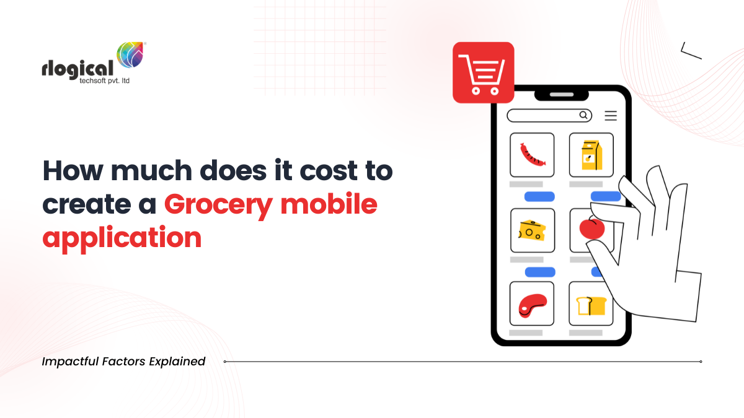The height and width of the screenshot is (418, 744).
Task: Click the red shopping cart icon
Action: click(x=483, y=72)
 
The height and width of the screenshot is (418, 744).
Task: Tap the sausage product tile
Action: click(x=531, y=155)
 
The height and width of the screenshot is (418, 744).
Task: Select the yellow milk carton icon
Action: click(x=591, y=155)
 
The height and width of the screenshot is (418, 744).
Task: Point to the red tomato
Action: click(x=591, y=228)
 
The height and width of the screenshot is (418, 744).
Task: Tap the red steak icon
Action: click(x=531, y=304)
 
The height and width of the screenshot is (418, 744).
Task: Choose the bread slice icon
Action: click(x=590, y=305)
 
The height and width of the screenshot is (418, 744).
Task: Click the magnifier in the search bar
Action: click(x=583, y=115)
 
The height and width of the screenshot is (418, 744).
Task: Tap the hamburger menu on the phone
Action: click(x=611, y=115)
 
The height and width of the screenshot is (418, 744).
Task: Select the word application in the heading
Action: click(x=122, y=238)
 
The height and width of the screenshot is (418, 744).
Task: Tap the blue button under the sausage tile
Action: click(x=539, y=196)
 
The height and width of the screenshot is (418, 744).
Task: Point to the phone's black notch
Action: click(x=560, y=95)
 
